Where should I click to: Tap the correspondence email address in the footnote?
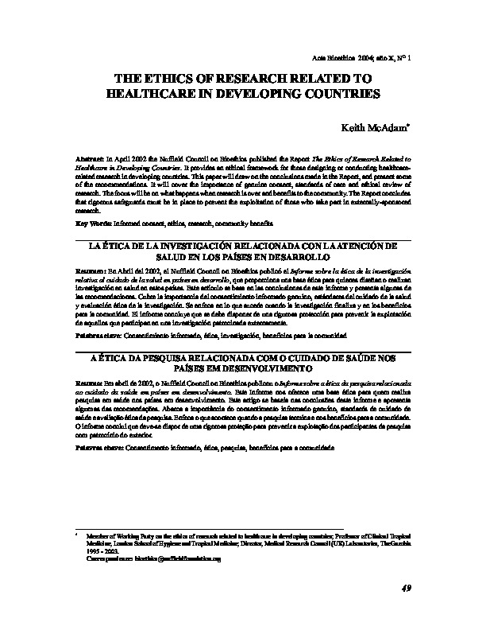[x=179, y=559]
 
